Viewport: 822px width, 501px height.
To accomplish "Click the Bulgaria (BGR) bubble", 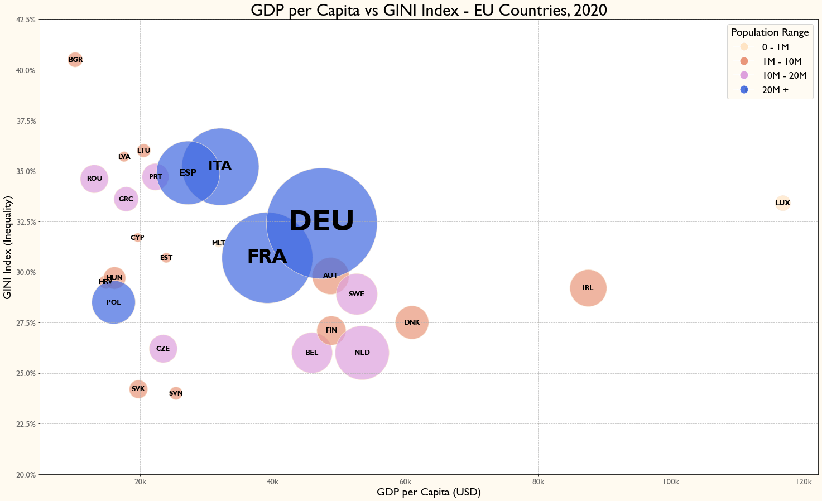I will (75, 60).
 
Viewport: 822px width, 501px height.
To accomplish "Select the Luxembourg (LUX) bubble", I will (783, 203).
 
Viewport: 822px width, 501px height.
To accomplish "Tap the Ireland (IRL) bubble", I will (588, 288).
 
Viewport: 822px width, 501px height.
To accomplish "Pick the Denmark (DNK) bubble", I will (412, 322).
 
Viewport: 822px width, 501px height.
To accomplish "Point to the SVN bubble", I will (176, 393).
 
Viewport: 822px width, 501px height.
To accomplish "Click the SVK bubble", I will (138, 389).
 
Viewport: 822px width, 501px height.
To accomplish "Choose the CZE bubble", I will (163, 349).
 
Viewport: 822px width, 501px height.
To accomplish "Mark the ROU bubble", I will (94, 179).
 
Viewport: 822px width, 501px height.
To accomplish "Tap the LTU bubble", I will (143, 150).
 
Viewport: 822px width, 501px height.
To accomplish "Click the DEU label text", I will (321, 221).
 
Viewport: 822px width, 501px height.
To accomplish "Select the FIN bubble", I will (331, 330).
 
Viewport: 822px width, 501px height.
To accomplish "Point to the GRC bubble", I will (126, 199).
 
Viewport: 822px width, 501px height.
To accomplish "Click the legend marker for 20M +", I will (744, 90).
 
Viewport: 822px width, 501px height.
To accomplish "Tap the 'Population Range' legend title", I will (770, 32).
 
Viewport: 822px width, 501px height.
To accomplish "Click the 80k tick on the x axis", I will (538, 482).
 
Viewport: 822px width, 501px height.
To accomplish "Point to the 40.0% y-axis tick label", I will (26, 70).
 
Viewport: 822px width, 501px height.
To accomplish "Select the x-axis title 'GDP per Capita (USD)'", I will (429, 492).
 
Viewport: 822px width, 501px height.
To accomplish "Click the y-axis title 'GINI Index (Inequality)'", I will (8, 247).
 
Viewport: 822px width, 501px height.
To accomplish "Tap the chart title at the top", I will (429, 10).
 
